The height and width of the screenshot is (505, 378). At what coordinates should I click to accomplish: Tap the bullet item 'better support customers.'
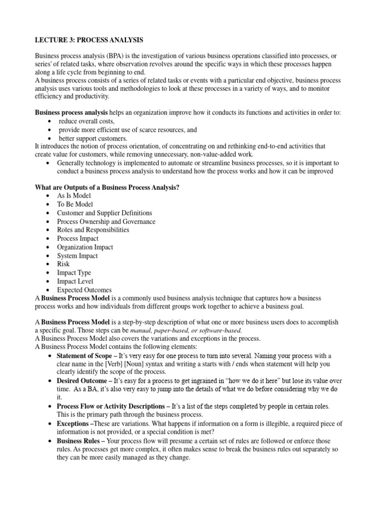93,138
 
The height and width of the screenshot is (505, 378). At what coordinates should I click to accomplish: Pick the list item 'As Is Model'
74,196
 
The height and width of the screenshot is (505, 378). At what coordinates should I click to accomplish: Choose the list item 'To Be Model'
75,204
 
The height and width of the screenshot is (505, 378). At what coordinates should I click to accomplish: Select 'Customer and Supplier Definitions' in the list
104,213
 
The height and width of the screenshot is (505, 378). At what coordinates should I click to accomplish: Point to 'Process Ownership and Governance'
106,221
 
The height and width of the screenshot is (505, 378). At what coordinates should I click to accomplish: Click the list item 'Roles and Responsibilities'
93,230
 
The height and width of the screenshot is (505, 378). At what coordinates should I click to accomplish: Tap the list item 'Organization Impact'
85,247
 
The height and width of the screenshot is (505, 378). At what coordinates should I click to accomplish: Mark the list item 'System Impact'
77,255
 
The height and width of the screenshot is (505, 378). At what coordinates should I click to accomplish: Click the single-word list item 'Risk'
63,264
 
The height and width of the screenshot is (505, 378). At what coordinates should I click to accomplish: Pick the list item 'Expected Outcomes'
84,290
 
